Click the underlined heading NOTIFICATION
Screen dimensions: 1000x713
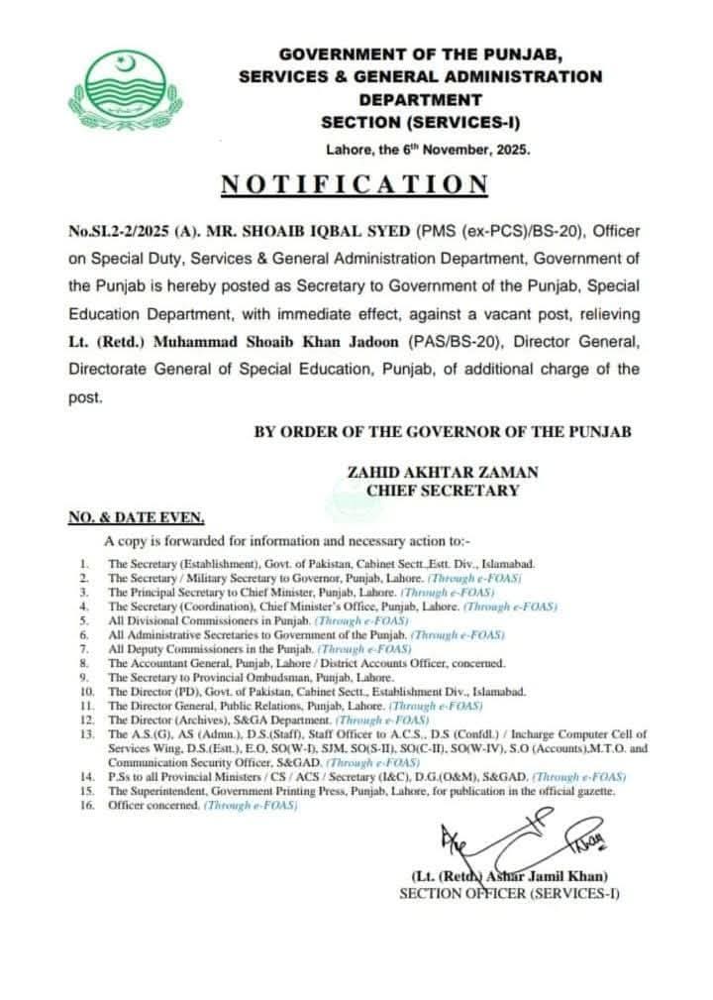(355, 185)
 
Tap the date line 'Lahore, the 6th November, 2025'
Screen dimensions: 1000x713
(428, 151)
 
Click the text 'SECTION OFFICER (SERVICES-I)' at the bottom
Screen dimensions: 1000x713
(508, 893)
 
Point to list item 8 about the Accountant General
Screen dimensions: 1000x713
(306, 661)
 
